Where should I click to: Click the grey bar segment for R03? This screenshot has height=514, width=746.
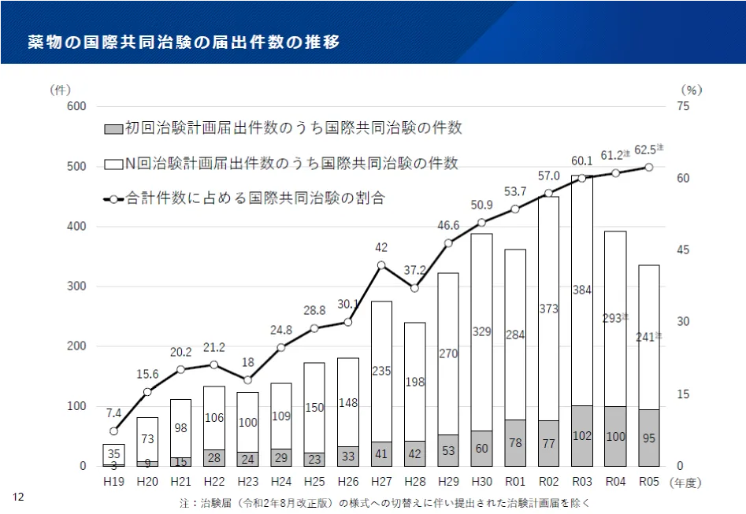[x=582, y=436]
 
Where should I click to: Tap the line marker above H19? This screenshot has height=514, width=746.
[x=113, y=431]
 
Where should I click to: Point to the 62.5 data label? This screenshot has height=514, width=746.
[x=648, y=149]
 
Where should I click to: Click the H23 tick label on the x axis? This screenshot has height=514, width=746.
[x=247, y=480]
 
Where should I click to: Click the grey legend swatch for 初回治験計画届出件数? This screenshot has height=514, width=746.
[x=113, y=128]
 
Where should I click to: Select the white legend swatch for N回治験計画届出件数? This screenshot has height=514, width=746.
[x=113, y=164]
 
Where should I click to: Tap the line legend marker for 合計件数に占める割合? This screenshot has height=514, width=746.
[x=113, y=199]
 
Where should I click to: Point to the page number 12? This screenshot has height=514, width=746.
[x=18, y=497]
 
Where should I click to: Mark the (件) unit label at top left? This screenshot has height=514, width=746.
[x=61, y=90]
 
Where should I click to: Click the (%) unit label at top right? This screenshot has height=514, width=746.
[x=691, y=90]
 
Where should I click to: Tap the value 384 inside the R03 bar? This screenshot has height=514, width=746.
[x=582, y=290]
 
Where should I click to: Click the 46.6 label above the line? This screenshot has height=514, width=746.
[x=448, y=225]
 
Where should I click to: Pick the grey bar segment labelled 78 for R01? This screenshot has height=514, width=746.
[x=515, y=443]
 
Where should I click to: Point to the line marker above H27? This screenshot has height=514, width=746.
[x=381, y=265]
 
